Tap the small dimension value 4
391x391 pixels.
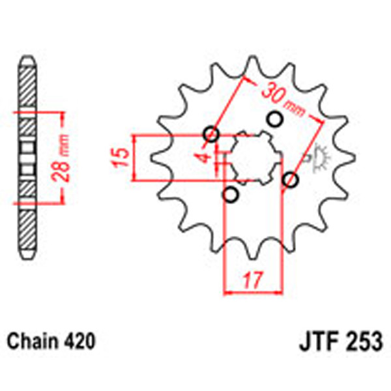coord(203,157)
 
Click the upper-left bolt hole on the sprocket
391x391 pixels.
coord(210,135)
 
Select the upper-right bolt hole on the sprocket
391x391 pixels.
coord(274,119)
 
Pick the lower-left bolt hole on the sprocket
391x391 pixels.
coord(230,195)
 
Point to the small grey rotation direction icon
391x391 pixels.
coord(319,157)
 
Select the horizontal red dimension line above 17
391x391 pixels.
coord(252,293)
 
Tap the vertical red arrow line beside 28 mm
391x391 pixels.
coord(63,157)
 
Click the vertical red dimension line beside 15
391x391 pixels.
coord(133,158)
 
